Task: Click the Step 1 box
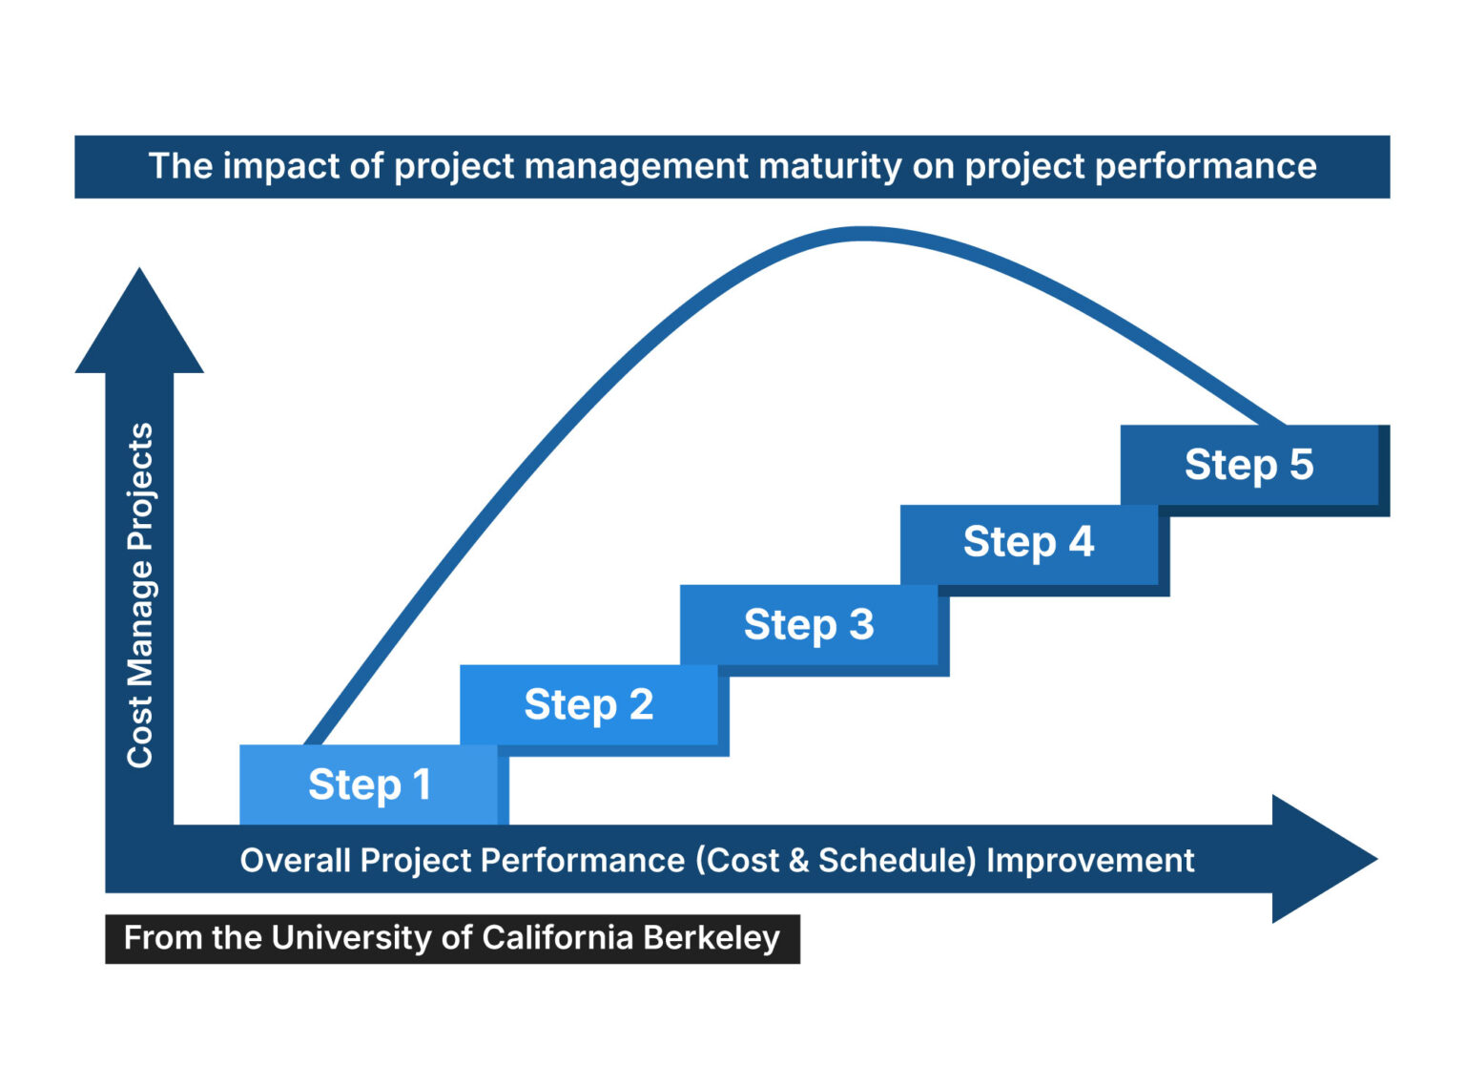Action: (x=369, y=784)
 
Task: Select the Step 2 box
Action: (x=588, y=705)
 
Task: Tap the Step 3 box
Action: (x=809, y=625)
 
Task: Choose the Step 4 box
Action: (x=1028, y=543)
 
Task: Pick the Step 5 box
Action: (x=1248, y=465)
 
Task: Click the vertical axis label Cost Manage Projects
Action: (x=140, y=595)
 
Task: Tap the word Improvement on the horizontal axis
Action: (x=1089, y=861)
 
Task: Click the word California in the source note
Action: (x=558, y=938)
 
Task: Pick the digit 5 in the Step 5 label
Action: (x=1301, y=465)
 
